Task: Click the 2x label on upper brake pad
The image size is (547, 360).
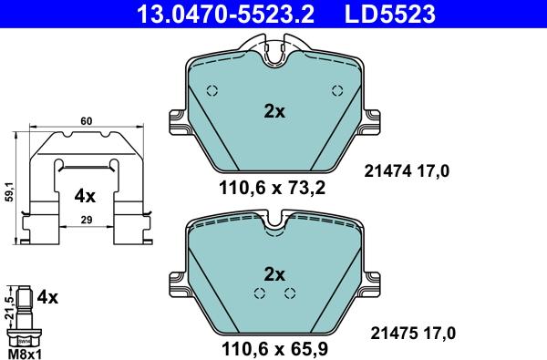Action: (274, 111)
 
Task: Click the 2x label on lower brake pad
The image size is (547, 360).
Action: (274, 274)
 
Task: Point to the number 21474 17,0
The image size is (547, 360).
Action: (408, 169)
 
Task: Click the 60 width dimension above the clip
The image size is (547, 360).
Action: (87, 120)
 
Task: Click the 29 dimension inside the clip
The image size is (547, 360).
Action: (86, 221)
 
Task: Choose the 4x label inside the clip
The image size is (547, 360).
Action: (85, 195)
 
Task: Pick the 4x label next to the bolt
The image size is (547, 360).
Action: (48, 296)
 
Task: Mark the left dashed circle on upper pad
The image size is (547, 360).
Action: (212, 90)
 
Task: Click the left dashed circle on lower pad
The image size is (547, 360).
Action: (260, 293)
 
